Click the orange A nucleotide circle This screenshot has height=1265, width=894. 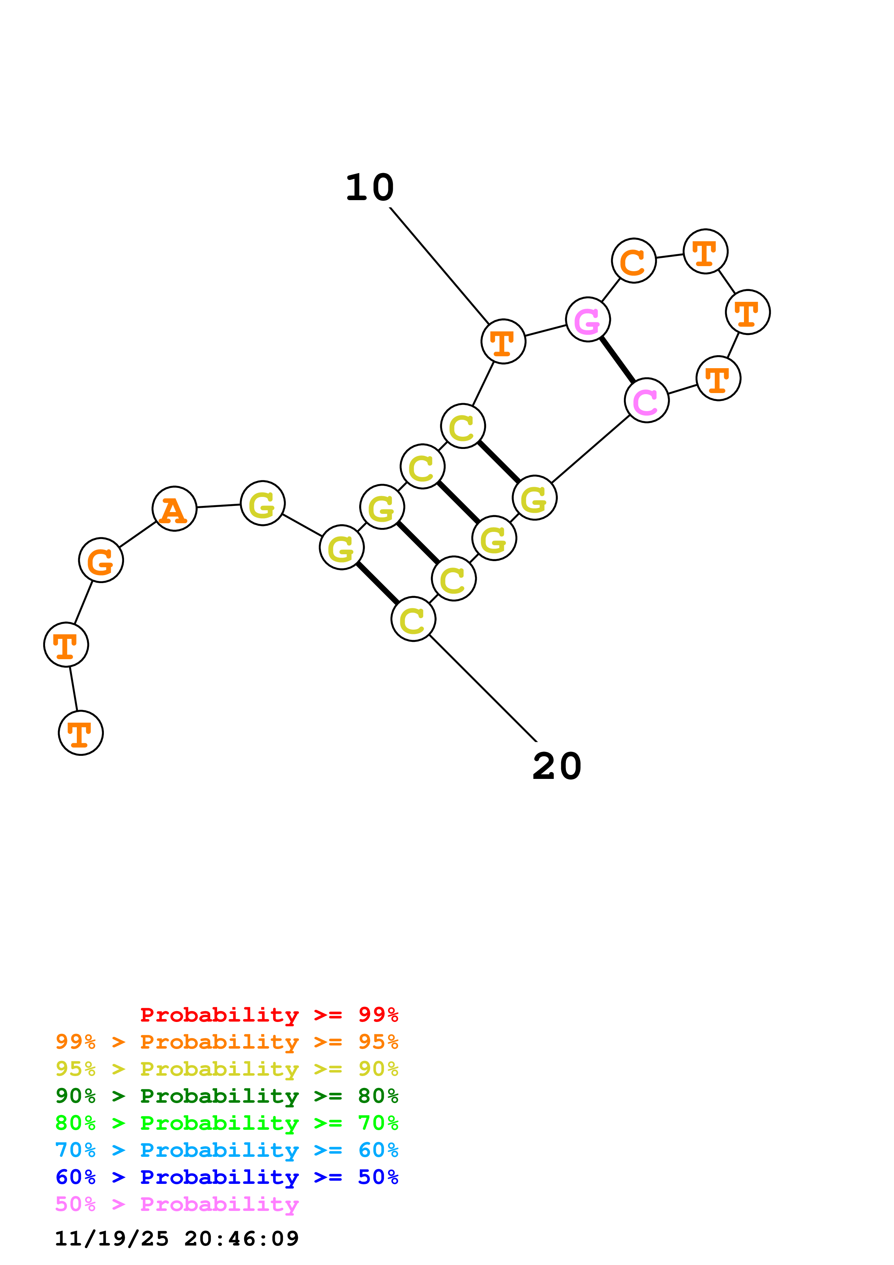pos(174,508)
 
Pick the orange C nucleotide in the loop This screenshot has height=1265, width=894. pos(634,261)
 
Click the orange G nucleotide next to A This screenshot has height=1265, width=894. pos(101,560)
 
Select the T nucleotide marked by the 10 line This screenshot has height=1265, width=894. pos(503,341)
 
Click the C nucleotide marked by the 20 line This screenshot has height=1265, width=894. pos(413,619)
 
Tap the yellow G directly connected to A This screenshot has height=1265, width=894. pos(263,503)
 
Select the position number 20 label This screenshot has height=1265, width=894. pos(557,766)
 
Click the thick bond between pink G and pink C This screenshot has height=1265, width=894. pos(617,360)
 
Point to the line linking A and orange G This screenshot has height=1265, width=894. pos(138,534)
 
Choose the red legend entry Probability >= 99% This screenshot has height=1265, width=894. pos(269,1015)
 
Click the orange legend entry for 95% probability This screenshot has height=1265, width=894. pos(227,1042)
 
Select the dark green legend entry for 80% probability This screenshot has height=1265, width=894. pos(227,1096)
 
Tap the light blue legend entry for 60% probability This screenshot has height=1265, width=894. pos(227,1150)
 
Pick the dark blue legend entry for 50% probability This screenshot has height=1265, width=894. pos(227,1177)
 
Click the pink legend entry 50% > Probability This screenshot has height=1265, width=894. pos(177,1204)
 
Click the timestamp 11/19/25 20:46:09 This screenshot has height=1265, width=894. pos(177,1238)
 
